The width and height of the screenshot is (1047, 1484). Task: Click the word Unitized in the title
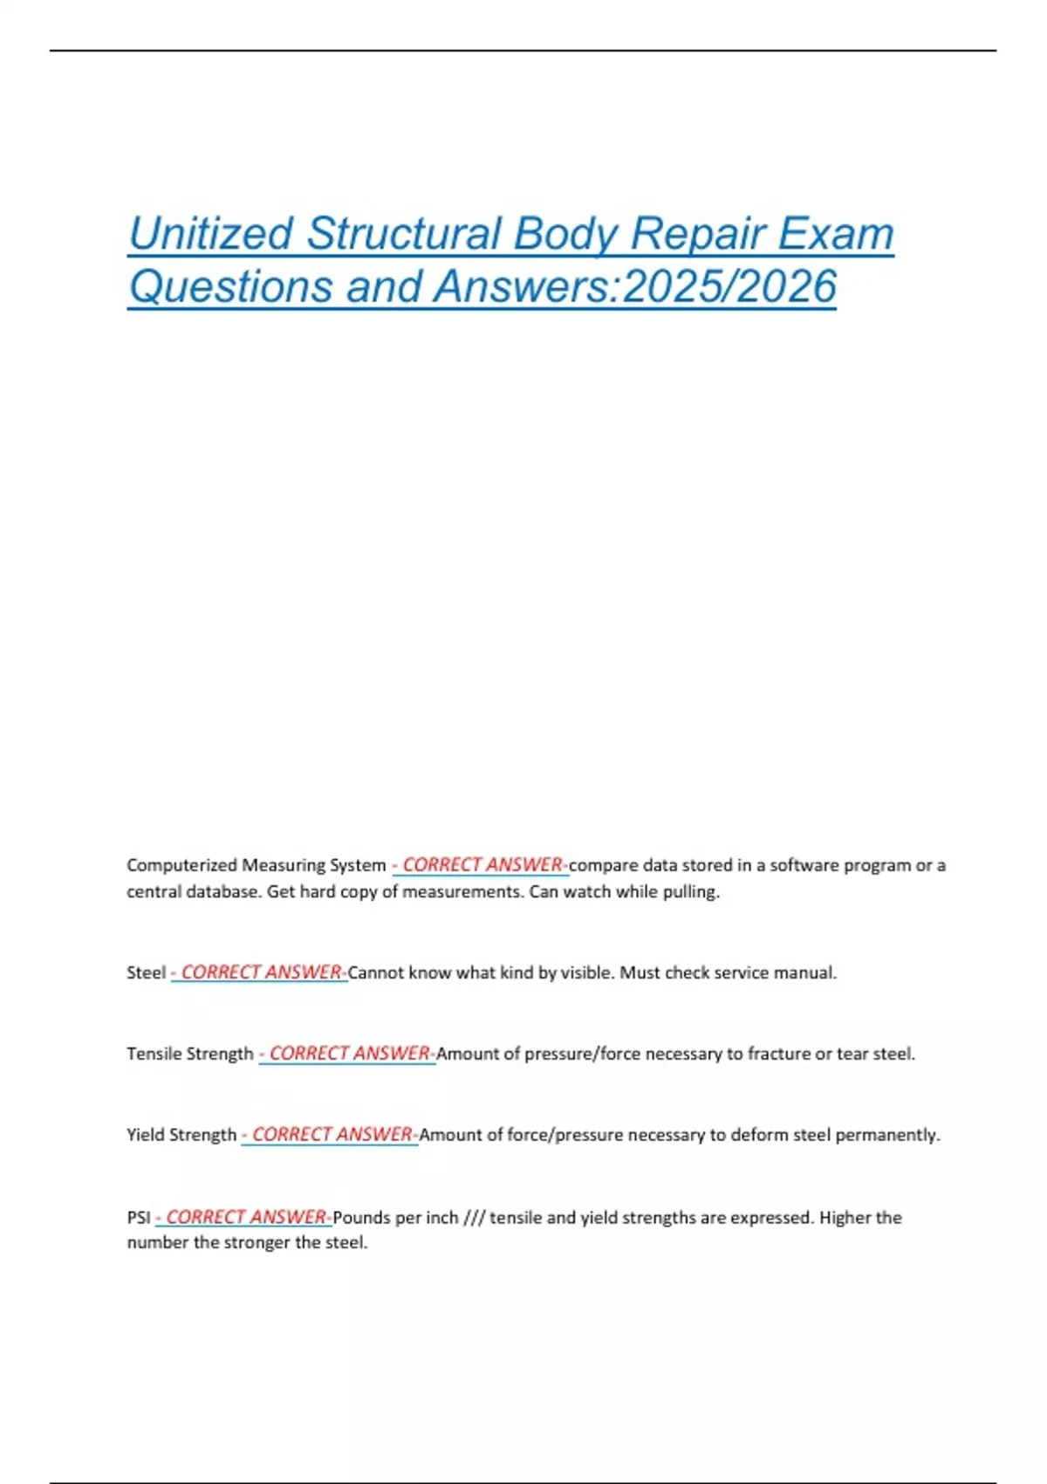click(x=210, y=234)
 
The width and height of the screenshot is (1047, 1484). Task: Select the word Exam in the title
click(x=835, y=234)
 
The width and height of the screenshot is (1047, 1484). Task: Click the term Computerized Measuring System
click(x=256, y=865)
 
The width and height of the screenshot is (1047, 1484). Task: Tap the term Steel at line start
click(x=146, y=972)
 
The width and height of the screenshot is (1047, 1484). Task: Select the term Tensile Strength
click(x=189, y=1054)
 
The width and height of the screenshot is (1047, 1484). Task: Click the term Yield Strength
click(x=181, y=1135)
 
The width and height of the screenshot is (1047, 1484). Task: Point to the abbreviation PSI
click(x=139, y=1217)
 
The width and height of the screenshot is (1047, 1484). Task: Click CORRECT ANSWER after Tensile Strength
click(x=349, y=1054)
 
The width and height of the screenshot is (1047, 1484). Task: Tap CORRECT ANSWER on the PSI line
click(x=246, y=1217)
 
